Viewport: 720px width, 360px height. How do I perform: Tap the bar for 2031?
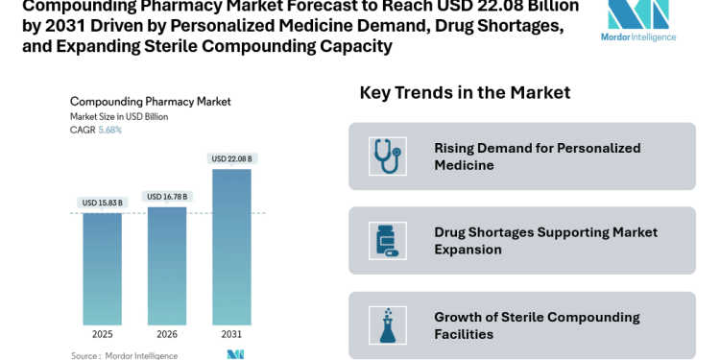pyautogui.click(x=231, y=247)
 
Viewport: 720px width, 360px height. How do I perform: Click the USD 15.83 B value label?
pyautogui.click(x=102, y=203)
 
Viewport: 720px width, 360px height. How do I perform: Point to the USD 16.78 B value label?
pyautogui.click(x=167, y=197)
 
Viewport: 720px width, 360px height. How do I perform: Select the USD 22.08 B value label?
pyautogui.click(x=231, y=158)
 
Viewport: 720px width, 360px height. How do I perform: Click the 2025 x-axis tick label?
pyautogui.click(x=102, y=335)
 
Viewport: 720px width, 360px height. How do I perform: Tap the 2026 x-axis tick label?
pyautogui.click(x=167, y=335)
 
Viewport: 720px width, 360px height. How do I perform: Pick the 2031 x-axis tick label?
pyautogui.click(x=231, y=335)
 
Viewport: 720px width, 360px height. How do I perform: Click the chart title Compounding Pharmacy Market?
pyautogui.click(x=151, y=101)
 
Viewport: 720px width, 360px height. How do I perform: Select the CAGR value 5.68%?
pyautogui.click(x=110, y=130)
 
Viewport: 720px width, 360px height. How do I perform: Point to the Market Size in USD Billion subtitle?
pyautogui.click(x=119, y=116)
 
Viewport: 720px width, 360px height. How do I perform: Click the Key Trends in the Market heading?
pyautogui.click(x=465, y=92)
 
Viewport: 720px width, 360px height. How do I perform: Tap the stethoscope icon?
pyautogui.click(x=387, y=156)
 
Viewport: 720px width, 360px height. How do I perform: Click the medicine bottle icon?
pyautogui.click(x=387, y=241)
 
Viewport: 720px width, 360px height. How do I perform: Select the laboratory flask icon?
pyautogui.click(x=387, y=325)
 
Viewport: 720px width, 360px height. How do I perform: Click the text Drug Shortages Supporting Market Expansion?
pyautogui.click(x=545, y=241)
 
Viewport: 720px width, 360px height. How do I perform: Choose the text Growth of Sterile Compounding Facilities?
pyautogui.click(x=537, y=325)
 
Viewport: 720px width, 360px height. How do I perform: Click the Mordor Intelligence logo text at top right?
pyautogui.click(x=638, y=36)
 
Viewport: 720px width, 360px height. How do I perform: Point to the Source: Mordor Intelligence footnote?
pyautogui.click(x=124, y=355)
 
